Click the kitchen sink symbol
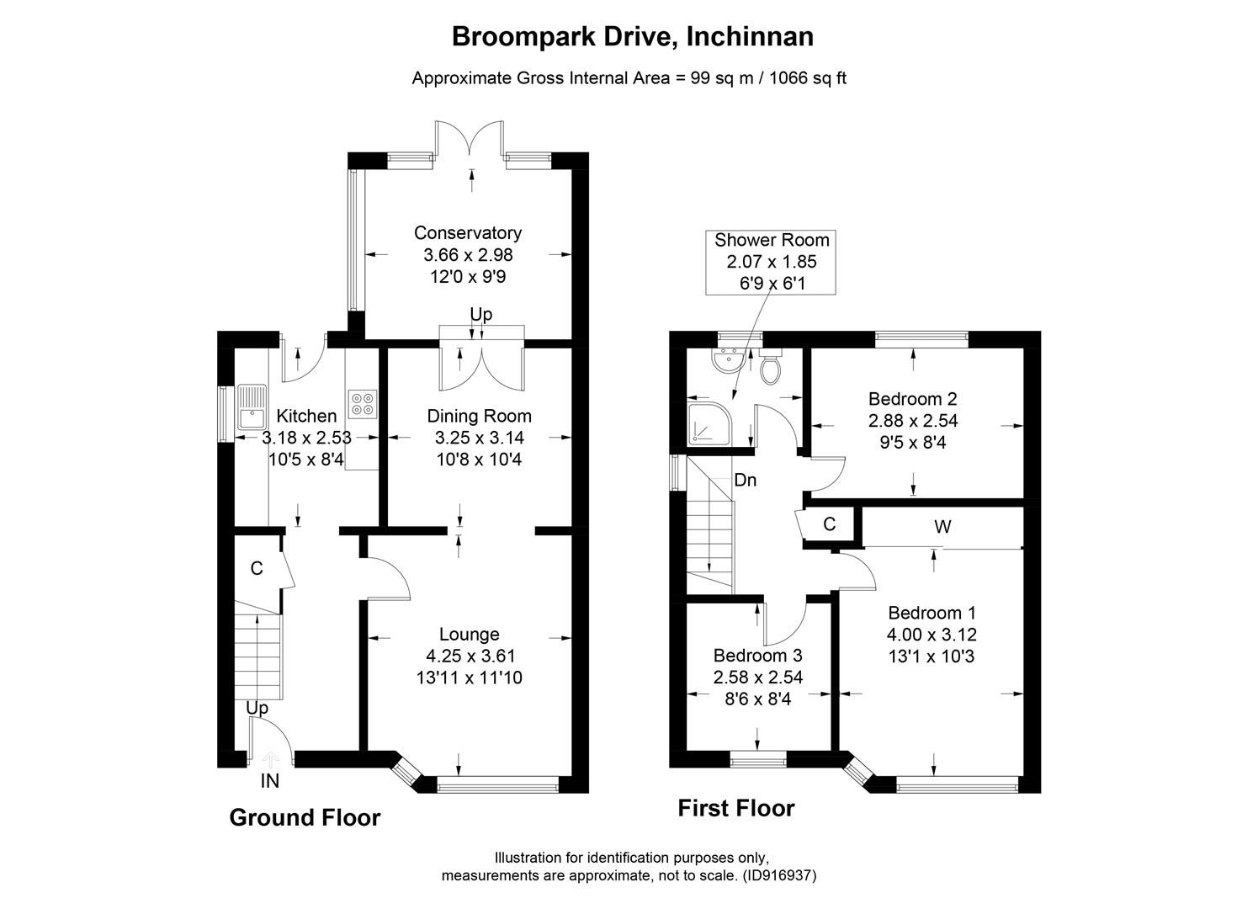252,407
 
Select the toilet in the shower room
769,367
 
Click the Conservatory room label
467,233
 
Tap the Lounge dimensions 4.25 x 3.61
470,656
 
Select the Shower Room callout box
772,262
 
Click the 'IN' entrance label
269,781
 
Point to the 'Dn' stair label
745,481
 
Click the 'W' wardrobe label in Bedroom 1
942,527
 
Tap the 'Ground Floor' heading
305,817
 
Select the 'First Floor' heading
735,808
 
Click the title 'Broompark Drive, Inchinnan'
632,37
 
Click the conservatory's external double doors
470,138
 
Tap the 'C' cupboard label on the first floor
829,524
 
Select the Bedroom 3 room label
757,655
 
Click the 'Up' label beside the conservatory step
480,314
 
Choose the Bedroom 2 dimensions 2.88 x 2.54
913,420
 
